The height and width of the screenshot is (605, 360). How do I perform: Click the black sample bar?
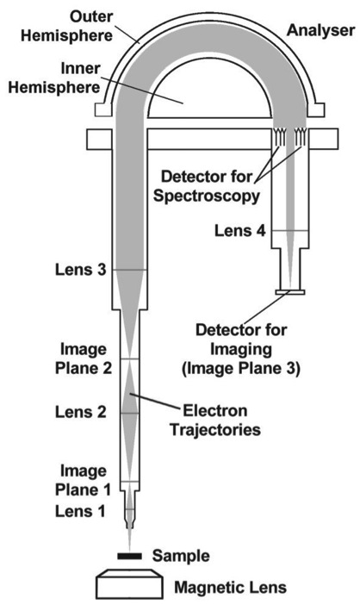click(x=129, y=556)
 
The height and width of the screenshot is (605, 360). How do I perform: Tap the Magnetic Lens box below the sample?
click(x=129, y=583)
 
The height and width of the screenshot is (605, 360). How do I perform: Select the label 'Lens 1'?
click(x=80, y=511)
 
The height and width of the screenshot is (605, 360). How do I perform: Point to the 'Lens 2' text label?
click(x=81, y=412)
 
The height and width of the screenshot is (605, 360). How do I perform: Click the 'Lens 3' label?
click(x=81, y=269)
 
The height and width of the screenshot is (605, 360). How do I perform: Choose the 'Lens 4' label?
click(x=240, y=231)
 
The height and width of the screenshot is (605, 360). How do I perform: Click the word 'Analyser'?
click(x=320, y=30)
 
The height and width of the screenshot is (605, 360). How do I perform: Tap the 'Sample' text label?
click(x=181, y=556)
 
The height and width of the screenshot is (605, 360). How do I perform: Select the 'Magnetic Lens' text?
click(x=231, y=588)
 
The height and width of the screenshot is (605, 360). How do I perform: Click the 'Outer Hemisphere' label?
click(x=66, y=26)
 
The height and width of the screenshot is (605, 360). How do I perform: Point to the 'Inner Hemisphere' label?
click(x=54, y=78)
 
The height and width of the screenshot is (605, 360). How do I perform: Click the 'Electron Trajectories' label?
click(x=215, y=421)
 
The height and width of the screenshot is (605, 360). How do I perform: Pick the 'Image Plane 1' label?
click(x=83, y=480)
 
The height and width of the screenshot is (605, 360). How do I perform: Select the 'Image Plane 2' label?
click(x=84, y=359)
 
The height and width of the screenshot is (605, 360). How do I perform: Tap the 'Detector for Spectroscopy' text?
click(x=207, y=186)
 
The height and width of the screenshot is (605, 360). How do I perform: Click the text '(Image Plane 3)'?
click(x=240, y=369)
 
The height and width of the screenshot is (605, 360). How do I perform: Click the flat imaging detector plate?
click(x=290, y=291)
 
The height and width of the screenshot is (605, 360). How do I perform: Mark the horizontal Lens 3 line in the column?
click(x=129, y=270)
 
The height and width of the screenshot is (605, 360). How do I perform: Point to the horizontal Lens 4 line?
click(x=290, y=231)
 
